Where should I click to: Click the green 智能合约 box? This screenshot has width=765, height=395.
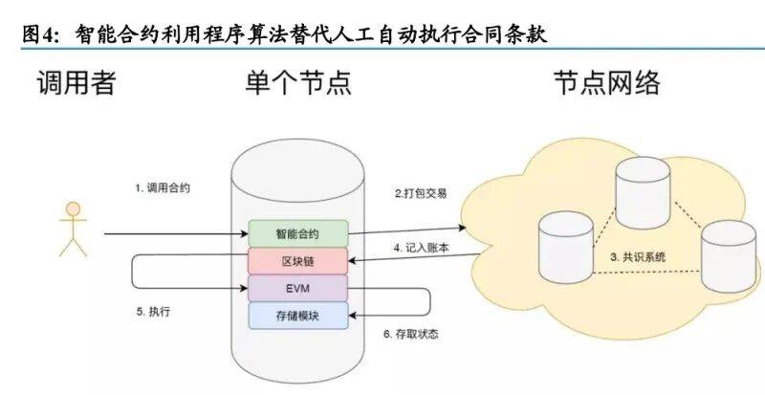(x=297, y=232)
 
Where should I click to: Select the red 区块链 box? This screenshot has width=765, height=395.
(x=297, y=260)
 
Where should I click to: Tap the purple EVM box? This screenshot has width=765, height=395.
(x=297, y=287)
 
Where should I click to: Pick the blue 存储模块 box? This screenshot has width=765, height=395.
(x=297, y=315)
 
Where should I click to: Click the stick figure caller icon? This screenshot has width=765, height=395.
(x=72, y=230)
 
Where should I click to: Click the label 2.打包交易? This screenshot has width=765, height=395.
(x=422, y=193)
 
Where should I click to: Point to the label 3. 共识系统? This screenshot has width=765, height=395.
(x=639, y=257)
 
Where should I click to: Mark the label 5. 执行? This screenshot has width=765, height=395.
(x=154, y=312)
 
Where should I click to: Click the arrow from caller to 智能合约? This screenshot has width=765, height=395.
(x=172, y=233)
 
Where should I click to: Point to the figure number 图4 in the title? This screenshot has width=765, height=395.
(x=39, y=33)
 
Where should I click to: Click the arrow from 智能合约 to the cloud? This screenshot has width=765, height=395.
(x=405, y=230)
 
